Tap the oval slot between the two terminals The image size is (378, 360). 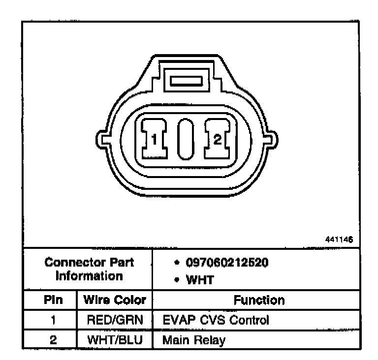pyautogui.click(x=186, y=139)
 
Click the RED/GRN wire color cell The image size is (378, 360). pyautogui.click(x=114, y=321)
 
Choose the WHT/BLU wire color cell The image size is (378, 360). pyautogui.click(x=114, y=340)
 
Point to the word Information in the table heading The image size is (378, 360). pyautogui.click(x=89, y=275)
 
